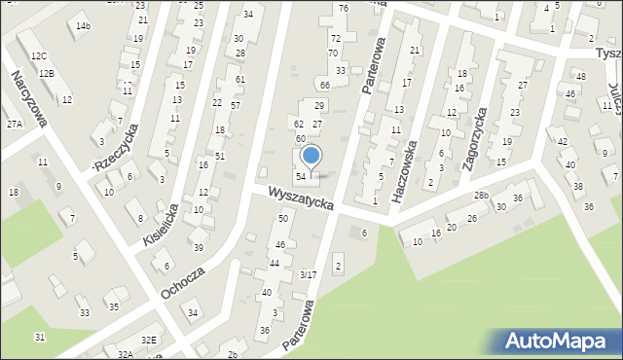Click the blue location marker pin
coord(311,156)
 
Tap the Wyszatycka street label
coord(303,199)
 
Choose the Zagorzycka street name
coord(475,140)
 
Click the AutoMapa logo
coord(560,341)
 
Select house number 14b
coord(83,25)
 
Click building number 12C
coord(38,57)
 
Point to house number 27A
coord(14,125)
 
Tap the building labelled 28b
coord(481,196)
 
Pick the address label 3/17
coord(308,275)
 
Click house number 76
coord(343,8)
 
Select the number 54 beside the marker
coord(302,176)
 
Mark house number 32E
coord(148,340)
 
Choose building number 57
coord(236,104)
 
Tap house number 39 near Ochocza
coord(198,248)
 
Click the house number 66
coord(325,86)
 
